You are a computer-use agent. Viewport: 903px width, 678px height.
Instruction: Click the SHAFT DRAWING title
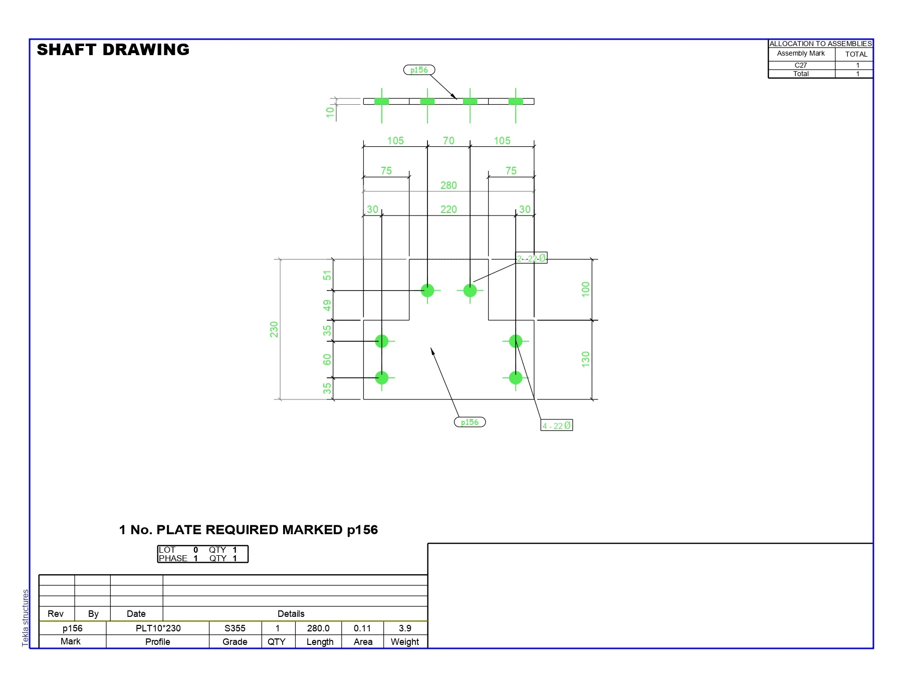click(113, 50)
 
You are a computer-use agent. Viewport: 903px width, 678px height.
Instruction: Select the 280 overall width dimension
click(448, 185)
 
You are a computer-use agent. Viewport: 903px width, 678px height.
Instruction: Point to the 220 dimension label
click(448, 209)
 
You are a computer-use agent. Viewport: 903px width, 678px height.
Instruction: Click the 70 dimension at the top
click(448, 141)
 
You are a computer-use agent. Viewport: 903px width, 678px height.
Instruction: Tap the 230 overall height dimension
click(274, 329)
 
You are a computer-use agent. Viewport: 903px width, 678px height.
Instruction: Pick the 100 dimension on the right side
click(585, 289)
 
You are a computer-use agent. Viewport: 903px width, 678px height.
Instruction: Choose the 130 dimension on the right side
click(585, 359)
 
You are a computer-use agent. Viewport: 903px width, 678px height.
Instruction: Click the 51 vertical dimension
click(327, 275)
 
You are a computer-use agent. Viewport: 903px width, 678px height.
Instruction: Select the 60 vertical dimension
click(327, 359)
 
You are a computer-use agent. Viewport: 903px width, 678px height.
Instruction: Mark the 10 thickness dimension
click(330, 112)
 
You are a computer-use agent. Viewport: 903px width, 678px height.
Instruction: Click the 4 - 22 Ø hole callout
click(556, 425)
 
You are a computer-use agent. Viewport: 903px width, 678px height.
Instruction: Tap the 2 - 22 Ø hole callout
click(531, 258)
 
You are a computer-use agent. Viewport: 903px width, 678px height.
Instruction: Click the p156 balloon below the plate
click(470, 422)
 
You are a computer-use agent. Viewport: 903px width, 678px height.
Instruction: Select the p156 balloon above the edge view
click(419, 70)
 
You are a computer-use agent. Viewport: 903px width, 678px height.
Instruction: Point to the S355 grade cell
click(235, 628)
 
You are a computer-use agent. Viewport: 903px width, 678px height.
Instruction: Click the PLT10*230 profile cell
click(158, 628)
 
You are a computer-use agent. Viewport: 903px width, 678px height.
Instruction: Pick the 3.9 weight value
click(405, 628)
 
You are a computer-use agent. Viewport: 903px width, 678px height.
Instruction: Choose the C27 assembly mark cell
click(801, 65)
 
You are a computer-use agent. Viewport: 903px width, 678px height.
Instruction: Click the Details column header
click(291, 614)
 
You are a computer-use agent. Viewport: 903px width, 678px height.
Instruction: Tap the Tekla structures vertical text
click(26, 618)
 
